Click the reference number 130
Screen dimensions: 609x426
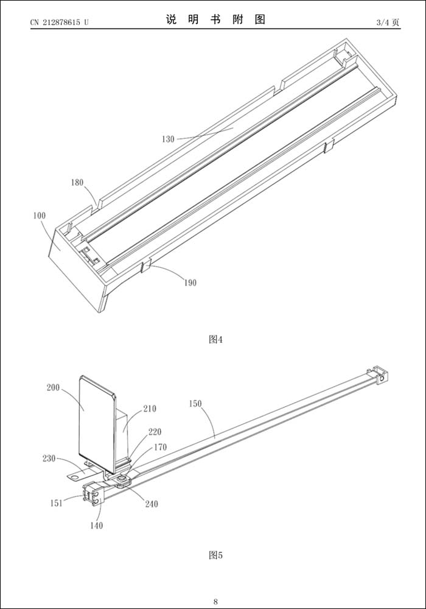click(168, 139)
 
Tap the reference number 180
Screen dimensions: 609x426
click(77, 182)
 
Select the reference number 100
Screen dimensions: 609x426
click(40, 216)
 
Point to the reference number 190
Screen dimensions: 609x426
click(189, 283)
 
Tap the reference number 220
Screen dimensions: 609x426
click(155, 432)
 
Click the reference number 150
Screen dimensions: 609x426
click(195, 403)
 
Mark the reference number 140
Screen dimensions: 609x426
click(96, 525)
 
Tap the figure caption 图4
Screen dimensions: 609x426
click(215, 339)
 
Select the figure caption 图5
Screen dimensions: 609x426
click(215, 555)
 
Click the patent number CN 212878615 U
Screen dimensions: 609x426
click(60, 23)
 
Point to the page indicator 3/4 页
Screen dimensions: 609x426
click(388, 23)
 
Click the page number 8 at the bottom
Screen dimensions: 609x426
click(215, 602)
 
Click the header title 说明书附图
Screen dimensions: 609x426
click(215, 19)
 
